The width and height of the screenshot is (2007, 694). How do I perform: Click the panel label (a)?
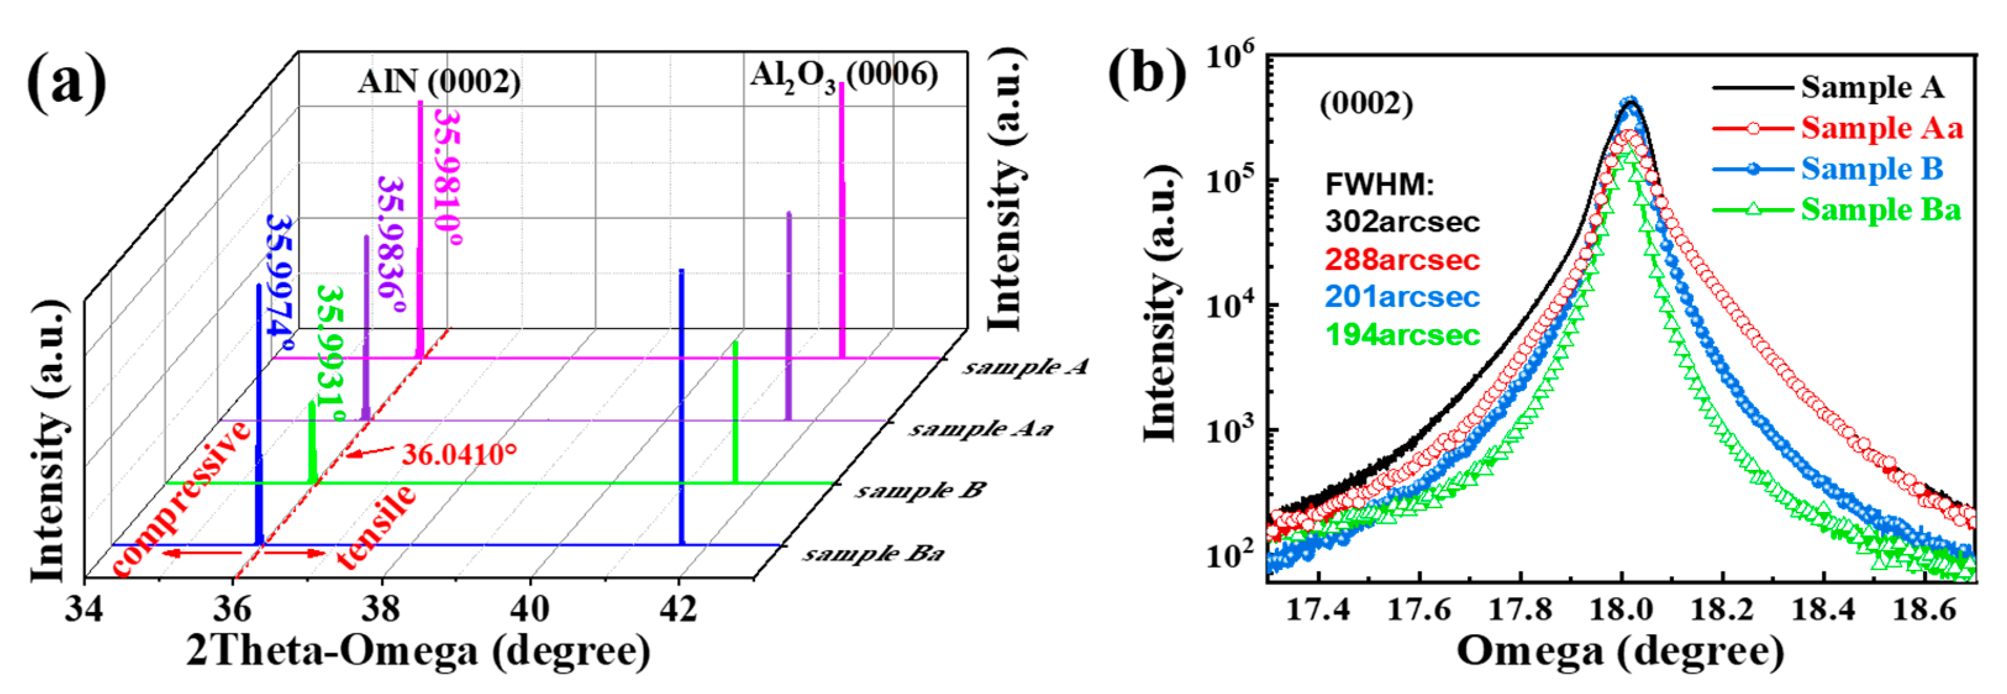point(66,84)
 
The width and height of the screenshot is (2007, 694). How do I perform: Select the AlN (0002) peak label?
point(439,82)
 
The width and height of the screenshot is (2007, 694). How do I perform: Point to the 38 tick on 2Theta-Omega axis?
point(381,608)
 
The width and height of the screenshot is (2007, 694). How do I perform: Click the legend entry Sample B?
point(1871,169)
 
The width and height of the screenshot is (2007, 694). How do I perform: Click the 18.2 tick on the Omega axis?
point(1722,608)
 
